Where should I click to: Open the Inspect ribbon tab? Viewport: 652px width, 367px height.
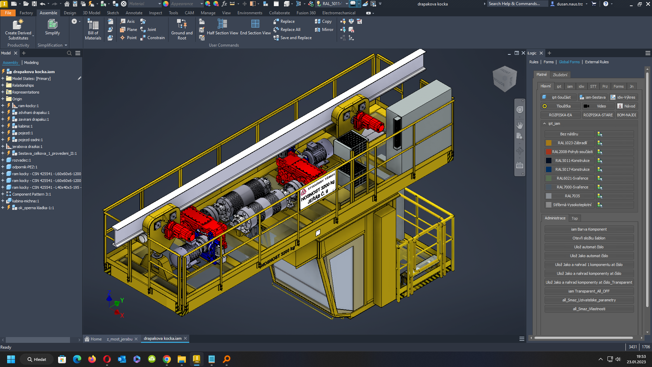point(155,13)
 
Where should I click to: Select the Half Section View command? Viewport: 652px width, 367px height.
point(222,27)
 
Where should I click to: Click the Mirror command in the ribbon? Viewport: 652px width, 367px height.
point(324,30)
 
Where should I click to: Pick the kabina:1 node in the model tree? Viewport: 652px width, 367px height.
point(25,126)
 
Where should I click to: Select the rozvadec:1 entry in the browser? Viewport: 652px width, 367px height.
point(21,160)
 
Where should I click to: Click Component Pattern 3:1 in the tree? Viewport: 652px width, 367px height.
point(32,194)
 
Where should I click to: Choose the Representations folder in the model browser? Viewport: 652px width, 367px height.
point(26,92)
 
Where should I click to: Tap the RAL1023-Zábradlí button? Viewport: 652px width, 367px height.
point(572,143)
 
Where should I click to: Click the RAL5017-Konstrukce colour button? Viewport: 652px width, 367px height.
point(572,169)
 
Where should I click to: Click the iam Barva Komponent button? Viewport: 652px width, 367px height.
point(589,229)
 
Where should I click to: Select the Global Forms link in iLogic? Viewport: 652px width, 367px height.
point(569,62)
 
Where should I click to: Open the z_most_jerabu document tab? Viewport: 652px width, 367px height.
point(120,339)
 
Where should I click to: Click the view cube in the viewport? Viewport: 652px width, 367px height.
point(505,78)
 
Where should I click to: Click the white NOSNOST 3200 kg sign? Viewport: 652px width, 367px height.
point(318,191)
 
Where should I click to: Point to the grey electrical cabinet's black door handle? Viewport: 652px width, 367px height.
point(397,133)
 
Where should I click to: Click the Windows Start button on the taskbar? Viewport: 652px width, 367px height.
point(11,359)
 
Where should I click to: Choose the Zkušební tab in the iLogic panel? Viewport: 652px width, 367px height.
point(560,75)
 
